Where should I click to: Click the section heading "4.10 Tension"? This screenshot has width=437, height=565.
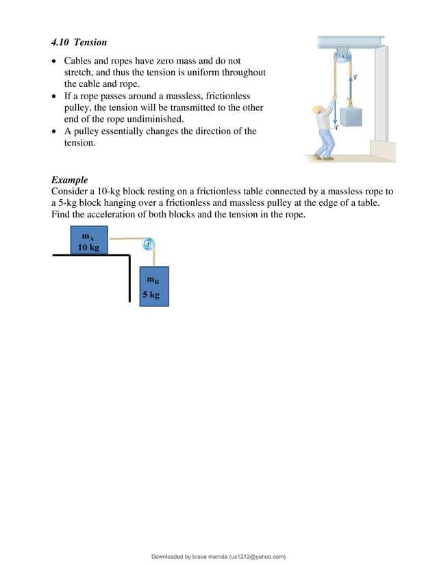tap(79, 42)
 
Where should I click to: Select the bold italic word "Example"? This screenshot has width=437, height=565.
tap(69, 181)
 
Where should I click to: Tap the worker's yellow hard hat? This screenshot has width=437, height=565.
tap(317, 109)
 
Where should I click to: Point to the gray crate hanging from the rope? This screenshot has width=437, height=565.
tap(353, 116)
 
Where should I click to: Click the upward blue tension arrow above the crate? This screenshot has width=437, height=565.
tap(352, 86)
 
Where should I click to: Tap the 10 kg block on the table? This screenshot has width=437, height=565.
tap(89, 240)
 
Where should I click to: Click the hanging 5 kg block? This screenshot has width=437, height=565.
tap(153, 286)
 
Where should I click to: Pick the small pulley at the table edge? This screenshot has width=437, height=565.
tap(147, 244)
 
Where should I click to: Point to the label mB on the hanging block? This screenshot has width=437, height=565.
tap(153, 279)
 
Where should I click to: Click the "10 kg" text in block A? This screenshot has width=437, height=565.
tap(88, 248)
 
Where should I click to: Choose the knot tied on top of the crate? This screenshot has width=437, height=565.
tap(351, 104)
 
